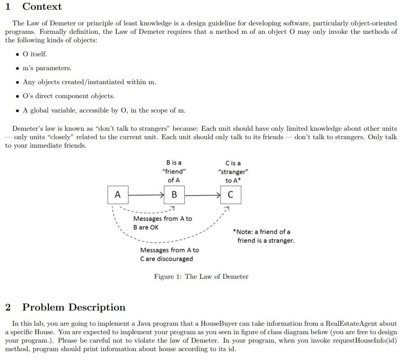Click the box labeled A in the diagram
point(118,195)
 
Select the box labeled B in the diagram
point(174,195)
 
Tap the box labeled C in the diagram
point(231,195)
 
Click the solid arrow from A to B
point(146,195)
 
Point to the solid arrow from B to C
point(202,195)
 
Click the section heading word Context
point(42,7)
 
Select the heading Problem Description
point(74,307)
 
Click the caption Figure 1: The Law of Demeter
point(201,277)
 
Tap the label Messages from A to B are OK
point(162,223)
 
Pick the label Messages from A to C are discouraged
point(169,254)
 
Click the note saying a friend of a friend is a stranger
point(263,236)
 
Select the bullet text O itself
point(35,54)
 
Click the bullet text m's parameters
point(47,68)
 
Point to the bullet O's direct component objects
point(69,96)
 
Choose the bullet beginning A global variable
point(104,110)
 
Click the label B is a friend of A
point(174,171)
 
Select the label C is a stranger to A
point(233,172)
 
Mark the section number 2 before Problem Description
point(8,307)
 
